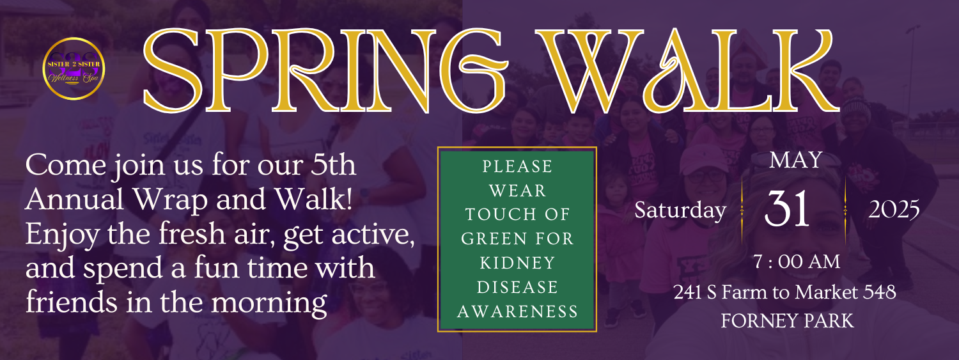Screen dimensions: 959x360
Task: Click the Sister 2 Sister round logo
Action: pos(74,68)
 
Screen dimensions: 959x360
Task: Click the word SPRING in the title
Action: pos(326,70)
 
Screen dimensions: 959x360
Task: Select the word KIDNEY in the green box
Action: pos(517,263)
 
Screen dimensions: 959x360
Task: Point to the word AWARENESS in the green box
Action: pos(517,311)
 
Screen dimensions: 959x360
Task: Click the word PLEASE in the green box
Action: pos(517,166)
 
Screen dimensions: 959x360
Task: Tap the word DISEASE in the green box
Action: pos(517,287)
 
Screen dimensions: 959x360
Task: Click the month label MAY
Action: pos(795,160)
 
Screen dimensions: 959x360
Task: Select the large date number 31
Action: pos(787,208)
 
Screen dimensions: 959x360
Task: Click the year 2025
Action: pos(894,210)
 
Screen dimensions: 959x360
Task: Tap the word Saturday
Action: pos(680,210)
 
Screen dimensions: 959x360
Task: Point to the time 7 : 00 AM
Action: pos(797,262)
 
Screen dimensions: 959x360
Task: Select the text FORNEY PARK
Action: pos(787,321)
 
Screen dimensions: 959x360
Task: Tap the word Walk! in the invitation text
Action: pos(313,199)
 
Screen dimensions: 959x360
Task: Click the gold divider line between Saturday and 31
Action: pos(742,210)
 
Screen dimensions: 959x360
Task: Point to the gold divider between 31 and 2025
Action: pos(845,210)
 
